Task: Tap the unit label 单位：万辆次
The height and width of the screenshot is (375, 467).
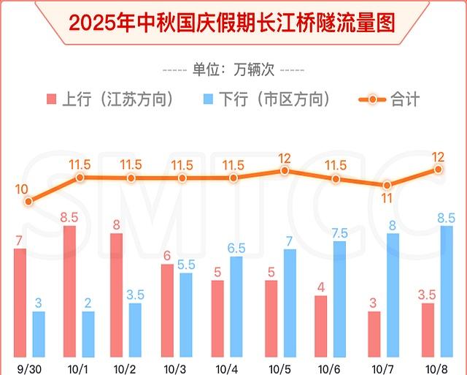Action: [233, 70]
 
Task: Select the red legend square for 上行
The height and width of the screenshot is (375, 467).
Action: [51, 99]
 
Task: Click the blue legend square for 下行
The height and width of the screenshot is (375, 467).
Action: [209, 99]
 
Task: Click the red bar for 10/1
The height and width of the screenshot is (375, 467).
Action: [70, 290]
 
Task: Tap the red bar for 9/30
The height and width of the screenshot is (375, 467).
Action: [20, 301]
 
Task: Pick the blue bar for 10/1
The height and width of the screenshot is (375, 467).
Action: [88, 333]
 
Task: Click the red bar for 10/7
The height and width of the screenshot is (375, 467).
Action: [374, 333]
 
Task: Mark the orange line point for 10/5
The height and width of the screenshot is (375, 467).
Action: [285, 170]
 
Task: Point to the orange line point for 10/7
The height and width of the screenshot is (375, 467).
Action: [387, 185]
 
